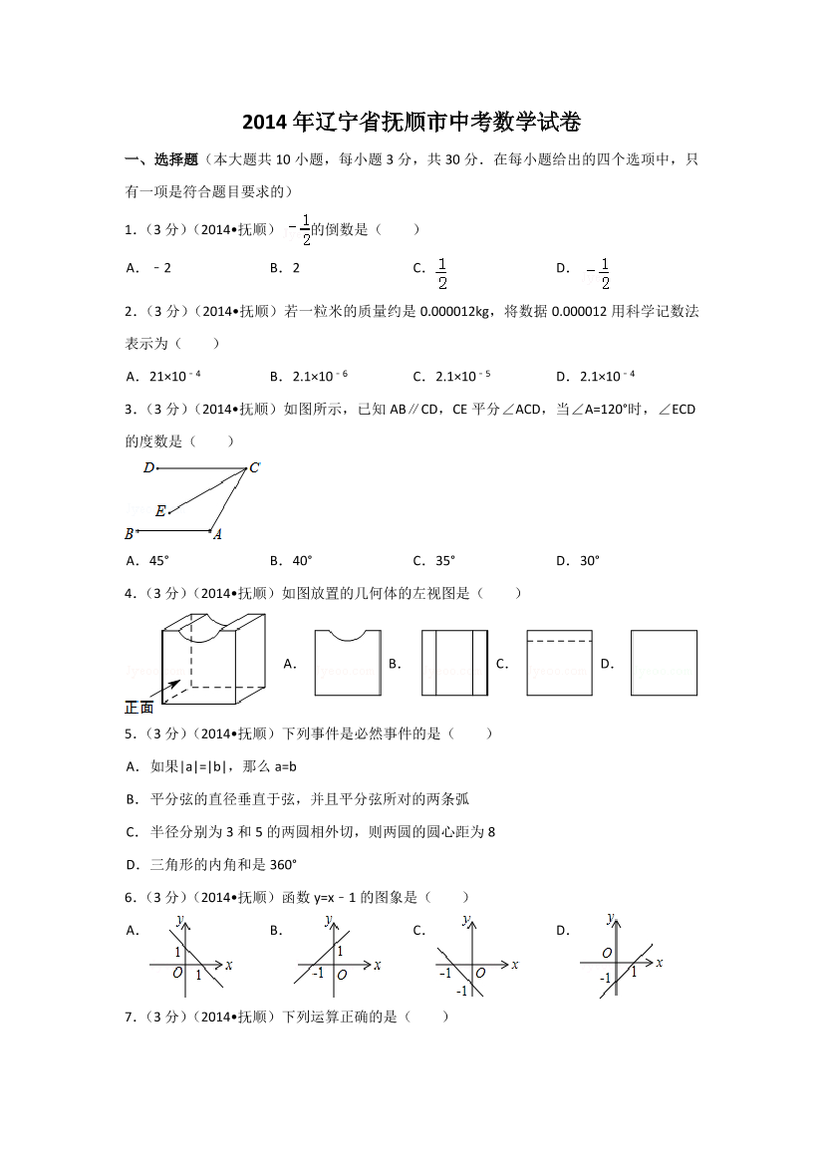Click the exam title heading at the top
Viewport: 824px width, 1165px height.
pos(412,124)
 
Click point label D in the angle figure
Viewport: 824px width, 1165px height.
pos(148,467)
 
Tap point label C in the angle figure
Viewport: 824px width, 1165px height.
pos(255,467)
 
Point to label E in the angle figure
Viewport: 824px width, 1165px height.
pos(160,511)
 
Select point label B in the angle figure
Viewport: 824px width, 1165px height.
pos(130,534)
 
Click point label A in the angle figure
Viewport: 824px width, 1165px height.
pos(217,534)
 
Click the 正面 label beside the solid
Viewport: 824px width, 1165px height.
pos(139,707)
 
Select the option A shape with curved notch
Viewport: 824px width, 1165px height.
pos(347,663)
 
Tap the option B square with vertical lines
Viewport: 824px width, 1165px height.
pos(454,663)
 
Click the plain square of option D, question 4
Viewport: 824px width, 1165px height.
pos(664,663)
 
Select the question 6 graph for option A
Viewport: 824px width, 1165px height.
pos(189,959)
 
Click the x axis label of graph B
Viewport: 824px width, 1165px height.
pos(377,965)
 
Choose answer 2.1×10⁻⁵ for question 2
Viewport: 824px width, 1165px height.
pos(463,376)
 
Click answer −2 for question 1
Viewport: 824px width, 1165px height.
pos(162,267)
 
